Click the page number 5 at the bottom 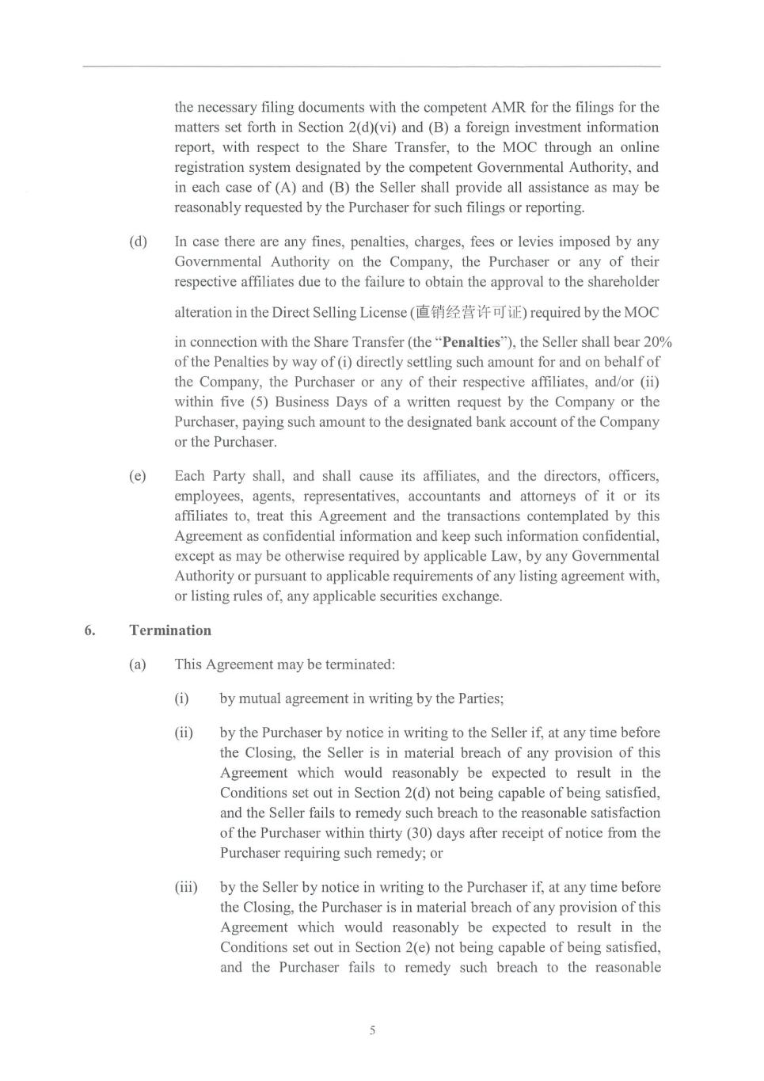click(372, 1030)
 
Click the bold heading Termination click(170, 630)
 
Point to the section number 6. click(90, 630)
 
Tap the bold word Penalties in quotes click(471, 342)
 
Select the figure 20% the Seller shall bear click(658, 342)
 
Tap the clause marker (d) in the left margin click(138, 242)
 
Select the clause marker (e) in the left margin click(138, 476)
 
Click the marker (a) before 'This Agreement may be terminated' click(138, 664)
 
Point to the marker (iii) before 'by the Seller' click(186, 887)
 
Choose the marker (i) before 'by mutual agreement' click(182, 698)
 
